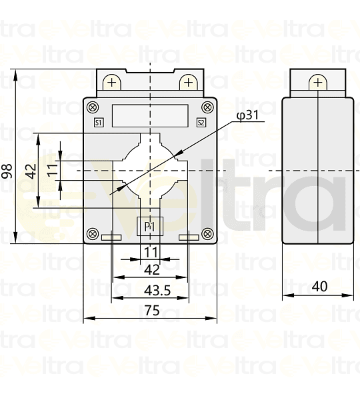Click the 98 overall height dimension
pos(7,171)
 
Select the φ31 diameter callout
pos(247,116)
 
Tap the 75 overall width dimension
pos(151,310)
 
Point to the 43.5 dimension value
pos(151,290)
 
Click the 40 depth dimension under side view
pos(319,286)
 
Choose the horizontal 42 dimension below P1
pos(151,270)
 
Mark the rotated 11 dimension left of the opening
pos(52,171)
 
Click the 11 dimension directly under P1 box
pos(151,252)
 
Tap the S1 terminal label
pos(99,122)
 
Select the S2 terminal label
pos(201,122)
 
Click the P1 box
pos(150,227)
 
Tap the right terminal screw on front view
pos(189,83)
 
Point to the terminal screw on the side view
pos(317,83)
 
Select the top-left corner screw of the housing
pos(93,107)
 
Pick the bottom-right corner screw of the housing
pos(208,233)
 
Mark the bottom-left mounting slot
pos(111,237)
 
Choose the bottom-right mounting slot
pos(189,237)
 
